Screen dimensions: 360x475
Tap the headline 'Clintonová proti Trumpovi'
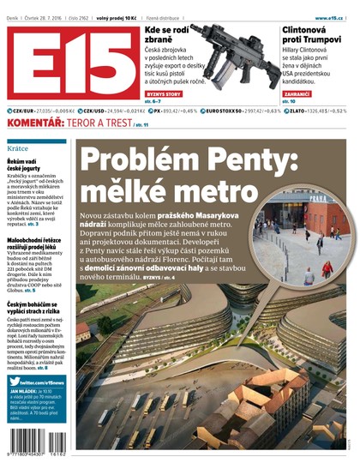tap(313, 36)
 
